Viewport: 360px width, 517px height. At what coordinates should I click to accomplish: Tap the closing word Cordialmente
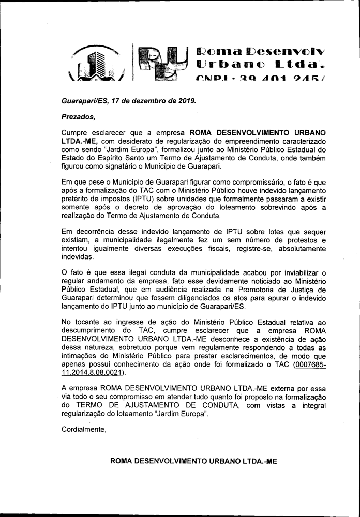[x=84, y=429]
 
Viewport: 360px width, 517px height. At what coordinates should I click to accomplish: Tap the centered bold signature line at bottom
[x=194, y=460]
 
